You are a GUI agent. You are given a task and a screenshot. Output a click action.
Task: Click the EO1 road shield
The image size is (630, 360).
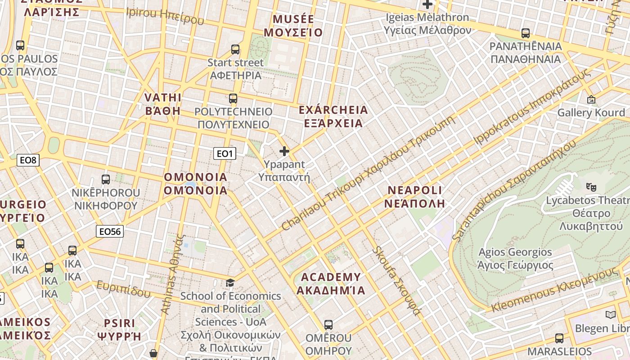(225, 154)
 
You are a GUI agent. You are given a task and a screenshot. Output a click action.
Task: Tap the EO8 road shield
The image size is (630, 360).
(28, 160)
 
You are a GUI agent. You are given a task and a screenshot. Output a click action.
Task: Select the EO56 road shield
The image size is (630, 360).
(110, 231)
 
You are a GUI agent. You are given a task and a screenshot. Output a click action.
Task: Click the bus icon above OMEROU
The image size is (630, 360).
(328, 324)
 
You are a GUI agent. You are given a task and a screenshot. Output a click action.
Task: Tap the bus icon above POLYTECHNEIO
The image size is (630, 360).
(233, 98)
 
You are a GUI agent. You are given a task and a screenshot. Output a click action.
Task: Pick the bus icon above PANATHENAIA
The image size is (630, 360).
(525, 33)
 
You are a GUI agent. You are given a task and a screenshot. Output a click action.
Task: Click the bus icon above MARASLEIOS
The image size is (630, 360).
(559, 338)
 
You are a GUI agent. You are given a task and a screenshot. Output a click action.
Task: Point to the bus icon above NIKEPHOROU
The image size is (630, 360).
(106, 179)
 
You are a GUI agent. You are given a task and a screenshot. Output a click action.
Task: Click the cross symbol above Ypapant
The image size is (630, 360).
(284, 151)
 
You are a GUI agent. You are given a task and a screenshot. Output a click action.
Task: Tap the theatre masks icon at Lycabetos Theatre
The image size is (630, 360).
(591, 186)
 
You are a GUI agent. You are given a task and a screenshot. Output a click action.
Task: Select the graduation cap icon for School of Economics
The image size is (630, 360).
(230, 283)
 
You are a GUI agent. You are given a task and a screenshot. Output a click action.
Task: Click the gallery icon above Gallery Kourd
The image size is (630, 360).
(591, 99)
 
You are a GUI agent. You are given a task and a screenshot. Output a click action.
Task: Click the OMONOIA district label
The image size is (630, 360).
(196, 184)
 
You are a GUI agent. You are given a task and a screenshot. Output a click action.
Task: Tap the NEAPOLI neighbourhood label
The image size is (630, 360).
(415, 196)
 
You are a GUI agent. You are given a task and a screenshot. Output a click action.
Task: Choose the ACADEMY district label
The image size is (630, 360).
(331, 283)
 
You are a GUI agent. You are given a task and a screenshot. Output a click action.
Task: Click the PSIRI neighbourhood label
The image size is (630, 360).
(119, 329)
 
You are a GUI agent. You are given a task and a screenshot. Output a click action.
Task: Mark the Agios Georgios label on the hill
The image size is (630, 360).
(515, 259)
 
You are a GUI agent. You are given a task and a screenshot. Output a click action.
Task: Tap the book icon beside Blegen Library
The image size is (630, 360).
(610, 315)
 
